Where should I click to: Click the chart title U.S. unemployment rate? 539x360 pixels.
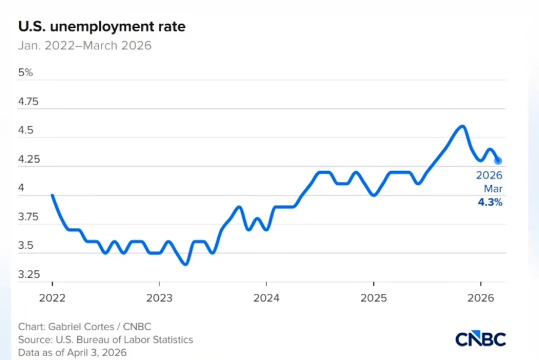point(101,26)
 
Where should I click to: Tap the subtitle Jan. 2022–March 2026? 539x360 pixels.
point(85,46)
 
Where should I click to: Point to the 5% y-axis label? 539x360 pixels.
point(25,72)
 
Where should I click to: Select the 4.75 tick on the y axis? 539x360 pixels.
point(28,102)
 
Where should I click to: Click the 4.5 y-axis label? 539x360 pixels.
point(25,131)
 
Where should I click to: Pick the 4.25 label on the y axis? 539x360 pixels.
point(28,160)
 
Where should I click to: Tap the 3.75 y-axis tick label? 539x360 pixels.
point(28,217)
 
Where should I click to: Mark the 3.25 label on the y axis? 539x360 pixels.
point(28,275)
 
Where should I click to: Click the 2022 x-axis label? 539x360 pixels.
point(52,298)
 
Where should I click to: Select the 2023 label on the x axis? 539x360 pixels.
point(159,298)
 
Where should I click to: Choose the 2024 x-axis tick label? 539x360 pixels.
point(266,298)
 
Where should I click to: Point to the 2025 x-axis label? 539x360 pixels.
point(373,298)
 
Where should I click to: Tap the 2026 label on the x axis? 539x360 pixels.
point(480,298)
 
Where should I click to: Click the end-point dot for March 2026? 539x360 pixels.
point(498,161)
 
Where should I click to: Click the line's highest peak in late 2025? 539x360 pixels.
point(462,126)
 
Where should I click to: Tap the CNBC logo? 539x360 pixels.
point(480,339)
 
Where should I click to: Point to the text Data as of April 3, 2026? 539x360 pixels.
point(72,353)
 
